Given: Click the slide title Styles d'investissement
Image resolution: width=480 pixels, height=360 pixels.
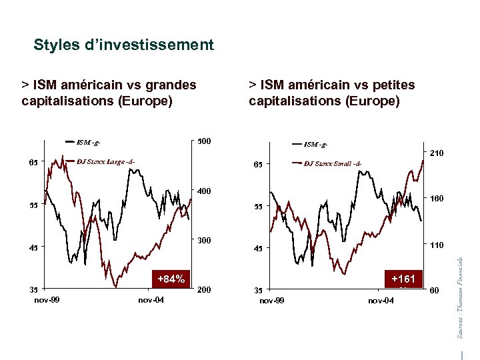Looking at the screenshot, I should [x=123, y=45].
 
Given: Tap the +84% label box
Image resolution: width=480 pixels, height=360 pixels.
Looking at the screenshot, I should [x=171, y=279].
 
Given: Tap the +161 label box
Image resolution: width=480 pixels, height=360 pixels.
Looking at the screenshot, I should [x=403, y=279].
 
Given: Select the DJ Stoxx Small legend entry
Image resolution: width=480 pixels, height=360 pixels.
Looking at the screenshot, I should [x=333, y=163].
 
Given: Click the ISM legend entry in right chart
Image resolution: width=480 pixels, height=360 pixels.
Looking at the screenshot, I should [x=316, y=144].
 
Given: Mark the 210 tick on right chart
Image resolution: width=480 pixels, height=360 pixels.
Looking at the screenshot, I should [x=437, y=154].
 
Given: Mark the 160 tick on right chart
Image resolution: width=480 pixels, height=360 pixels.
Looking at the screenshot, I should [x=437, y=199].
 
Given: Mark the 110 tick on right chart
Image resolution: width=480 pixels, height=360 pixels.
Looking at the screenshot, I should [x=437, y=245].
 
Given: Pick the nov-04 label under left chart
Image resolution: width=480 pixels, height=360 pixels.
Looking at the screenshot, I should [x=151, y=300].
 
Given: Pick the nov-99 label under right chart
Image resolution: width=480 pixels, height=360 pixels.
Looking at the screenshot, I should [x=271, y=301].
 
